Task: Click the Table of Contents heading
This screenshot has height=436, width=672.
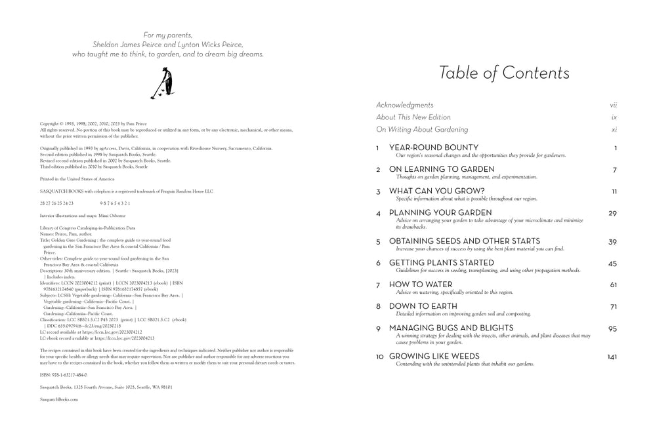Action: click(x=504, y=73)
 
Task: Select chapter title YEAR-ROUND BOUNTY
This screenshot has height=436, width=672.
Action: click(x=434, y=148)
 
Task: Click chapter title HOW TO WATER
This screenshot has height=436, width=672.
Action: click(x=420, y=285)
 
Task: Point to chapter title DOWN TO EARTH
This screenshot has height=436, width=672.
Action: click(x=424, y=306)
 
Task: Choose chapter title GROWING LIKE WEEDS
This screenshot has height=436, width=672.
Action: click(x=434, y=357)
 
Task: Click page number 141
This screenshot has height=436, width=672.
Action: click(x=612, y=357)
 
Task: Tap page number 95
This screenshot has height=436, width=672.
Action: click(x=613, y=328)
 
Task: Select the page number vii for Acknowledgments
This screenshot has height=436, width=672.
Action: click(x=613, y=105)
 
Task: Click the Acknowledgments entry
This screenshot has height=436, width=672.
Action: click(x=405, y=105)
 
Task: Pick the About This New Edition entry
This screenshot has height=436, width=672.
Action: click(x=413, y=117)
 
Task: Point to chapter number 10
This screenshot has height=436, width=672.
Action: click(x=379, y=357)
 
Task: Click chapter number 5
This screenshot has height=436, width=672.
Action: click(x=379, y=242)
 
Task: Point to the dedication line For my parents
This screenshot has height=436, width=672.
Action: click(x=168, y=35)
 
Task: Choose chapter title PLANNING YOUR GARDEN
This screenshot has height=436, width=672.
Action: click(x=440, y=213)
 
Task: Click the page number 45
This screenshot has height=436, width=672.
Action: click(x=613, y=263)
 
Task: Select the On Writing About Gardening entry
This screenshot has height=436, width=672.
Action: click(x=422, y=130)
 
